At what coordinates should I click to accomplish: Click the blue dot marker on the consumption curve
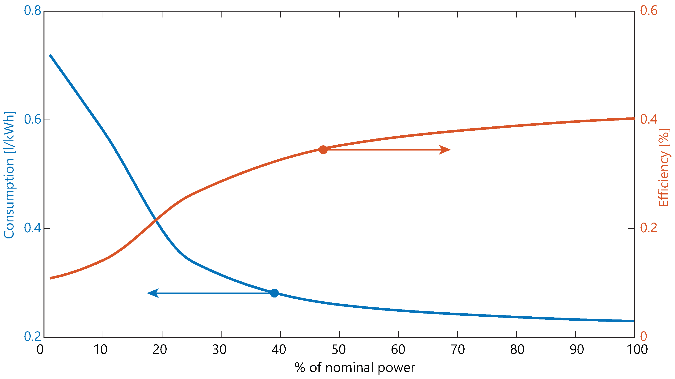[274, 293]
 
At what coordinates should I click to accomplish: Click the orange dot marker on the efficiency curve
[323, 150]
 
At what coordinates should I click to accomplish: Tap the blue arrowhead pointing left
[153, 293]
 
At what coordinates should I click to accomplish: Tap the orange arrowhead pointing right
[445, 150]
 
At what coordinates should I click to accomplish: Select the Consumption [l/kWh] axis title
[9, 175]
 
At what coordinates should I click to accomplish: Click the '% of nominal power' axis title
[355, 368]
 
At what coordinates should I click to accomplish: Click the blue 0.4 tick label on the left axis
[32, 228]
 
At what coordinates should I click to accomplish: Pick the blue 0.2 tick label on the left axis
[32, 337]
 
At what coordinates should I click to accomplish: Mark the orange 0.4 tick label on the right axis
[649, 119]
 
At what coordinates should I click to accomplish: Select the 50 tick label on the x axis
[339, 350]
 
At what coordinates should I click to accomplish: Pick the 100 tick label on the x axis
[634, 350]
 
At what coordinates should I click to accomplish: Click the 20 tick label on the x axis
[160, 350]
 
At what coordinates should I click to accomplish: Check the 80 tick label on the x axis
[517, 350]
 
